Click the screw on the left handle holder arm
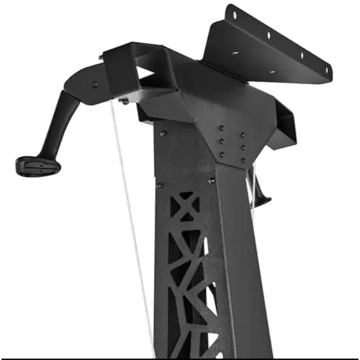(x=94, y=83)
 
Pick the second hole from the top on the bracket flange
(x=267, y=34)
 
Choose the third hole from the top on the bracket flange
(x=301, y=54)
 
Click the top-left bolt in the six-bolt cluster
(x=221, y=128)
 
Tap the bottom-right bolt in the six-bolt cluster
(x=243, y=155)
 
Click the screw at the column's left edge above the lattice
(x=159, y=185)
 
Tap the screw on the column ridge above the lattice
(x=211, y=180)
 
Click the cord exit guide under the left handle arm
(x=123, y=101)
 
